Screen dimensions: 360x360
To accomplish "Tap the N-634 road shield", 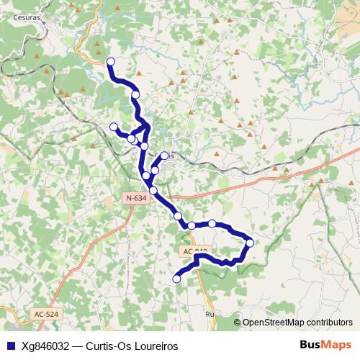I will (x=135, y=198).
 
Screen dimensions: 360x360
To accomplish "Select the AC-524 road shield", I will (x=46, y=314).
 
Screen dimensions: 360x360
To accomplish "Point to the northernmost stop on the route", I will (x=111, y=62).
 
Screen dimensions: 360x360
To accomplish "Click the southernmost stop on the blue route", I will (x=177, y=279).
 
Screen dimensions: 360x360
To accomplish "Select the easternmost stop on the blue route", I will (x=250, y=243).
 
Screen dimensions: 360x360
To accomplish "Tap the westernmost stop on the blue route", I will (x=113, y=127).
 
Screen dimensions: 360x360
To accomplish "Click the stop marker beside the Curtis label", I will (x=163, y=156).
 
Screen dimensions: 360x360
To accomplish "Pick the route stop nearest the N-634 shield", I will (x=153, y=190).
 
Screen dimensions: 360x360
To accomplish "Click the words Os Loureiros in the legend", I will (x=150, y=346).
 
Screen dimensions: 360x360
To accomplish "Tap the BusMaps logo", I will (x=326, y=345).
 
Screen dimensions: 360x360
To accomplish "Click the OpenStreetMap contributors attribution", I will (x=297, y=322).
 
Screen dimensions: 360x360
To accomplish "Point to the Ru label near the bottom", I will (x=210, y=315).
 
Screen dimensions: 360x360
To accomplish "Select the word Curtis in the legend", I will (x=101, y=346).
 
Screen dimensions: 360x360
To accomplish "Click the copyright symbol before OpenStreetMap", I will (x=238, y=322).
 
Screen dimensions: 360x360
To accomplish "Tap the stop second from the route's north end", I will (x=135, y=94).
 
